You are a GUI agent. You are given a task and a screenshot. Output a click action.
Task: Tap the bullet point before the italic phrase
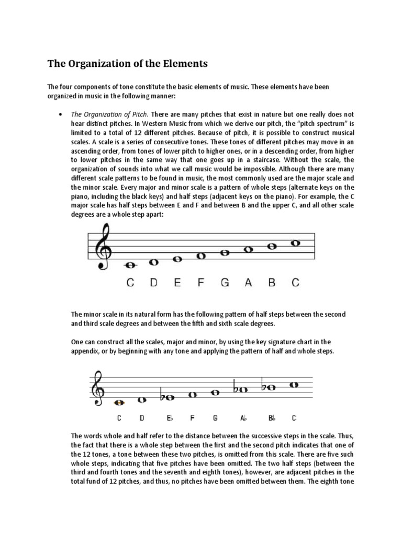[61, 113]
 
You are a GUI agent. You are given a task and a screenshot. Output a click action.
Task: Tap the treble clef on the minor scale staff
[97, 389]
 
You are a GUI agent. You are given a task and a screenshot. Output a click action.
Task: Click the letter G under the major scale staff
[225, 283]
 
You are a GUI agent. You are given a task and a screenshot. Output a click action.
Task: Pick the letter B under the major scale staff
[272, 283]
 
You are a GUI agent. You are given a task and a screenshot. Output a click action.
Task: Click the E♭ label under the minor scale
[170, 418]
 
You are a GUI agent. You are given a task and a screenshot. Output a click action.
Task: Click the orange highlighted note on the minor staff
[119, 403]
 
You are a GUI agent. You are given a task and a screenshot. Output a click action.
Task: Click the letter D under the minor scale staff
[142, 418]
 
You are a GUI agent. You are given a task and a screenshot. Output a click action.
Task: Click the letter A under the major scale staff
[248, 283]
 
